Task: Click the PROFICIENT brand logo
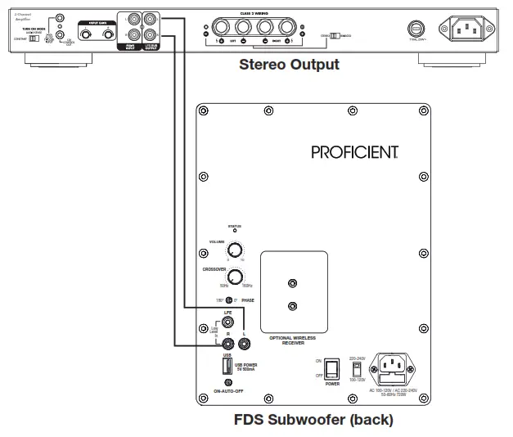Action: pyautogui.click(x=354, y=152)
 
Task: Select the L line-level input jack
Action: pyautogui.click(x=243, y=345)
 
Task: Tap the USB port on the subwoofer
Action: pyautogui.click(x=227, y=366)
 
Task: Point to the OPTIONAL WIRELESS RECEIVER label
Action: pyautogui.click(x=293, y=340)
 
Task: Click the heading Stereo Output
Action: pyautogui.click(x=288, y=65)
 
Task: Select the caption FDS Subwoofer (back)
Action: pyautogui.click(x=313, y=421)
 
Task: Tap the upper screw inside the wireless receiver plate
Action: pyautogui.click(x=293, y=284)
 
